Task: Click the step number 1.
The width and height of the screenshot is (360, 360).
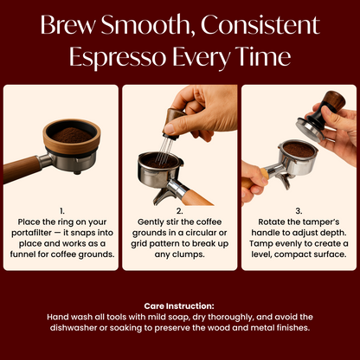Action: (62, 210)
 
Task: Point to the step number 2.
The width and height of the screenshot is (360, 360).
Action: (178, 210)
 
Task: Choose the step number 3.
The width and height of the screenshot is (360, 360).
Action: (297, 210)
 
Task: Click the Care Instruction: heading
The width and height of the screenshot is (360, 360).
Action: (179, 306)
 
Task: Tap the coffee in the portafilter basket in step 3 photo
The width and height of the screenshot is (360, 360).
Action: (298, 151)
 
